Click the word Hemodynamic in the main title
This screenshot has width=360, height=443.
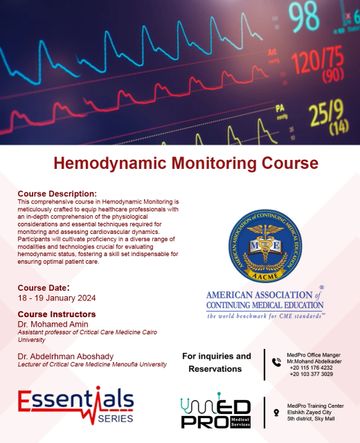pos(127,161)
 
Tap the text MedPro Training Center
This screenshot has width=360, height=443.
pos(318,403)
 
